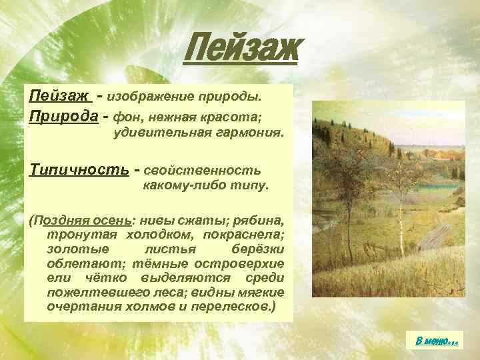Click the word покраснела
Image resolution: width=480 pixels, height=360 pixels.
pyautogui.click(x=249, y=235)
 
